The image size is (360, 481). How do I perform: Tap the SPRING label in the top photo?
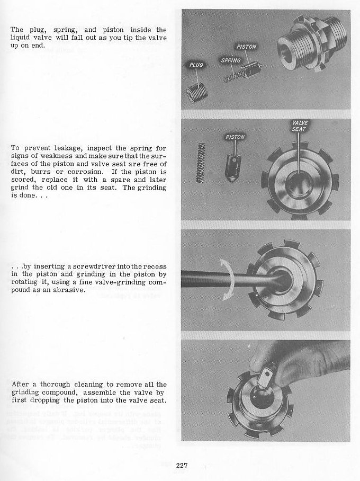(231, 60)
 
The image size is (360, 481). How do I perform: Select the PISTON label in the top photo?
(246, 47)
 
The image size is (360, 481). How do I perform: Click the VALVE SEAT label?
(300, 126)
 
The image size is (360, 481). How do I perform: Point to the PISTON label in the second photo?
(236, 137)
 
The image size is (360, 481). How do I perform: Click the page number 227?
(182, 466)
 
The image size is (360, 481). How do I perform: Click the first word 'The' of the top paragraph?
(16, 30)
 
